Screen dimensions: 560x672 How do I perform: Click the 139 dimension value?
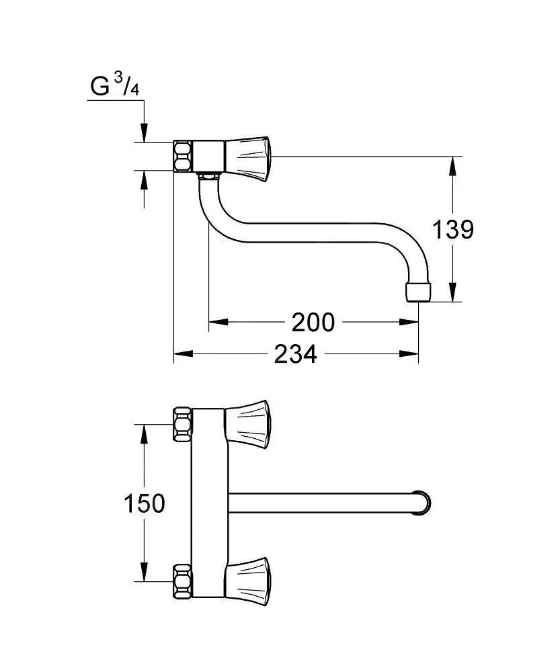pyautogui.click(x=453, y=229)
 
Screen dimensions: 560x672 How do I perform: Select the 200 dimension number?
pyautogui.click(x=313, y=323)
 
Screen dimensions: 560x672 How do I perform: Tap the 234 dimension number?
pyautogui.click(x=295, y=354)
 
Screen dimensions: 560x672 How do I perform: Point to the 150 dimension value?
pyautogui.click(x=144, y=503)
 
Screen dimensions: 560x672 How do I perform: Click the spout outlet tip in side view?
pyautogui.click(x=418, y=292)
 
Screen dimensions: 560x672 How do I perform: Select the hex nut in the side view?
pyautogui.click(x=183, y=157)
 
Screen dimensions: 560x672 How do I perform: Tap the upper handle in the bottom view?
pyautogui.click(x=248, y=424)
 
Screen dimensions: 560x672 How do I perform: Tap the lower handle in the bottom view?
pyautogui.click(x=248, y=581)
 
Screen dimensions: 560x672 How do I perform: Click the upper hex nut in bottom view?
pyautogui.click(x=182, y=424)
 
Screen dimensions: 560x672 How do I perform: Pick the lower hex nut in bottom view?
pyautogui.click(x=182, y=581)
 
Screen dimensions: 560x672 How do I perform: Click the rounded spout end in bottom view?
pyautogui.click(x=421, y=503)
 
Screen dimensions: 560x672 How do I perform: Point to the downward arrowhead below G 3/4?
pyautogui.click(x=145, y=133)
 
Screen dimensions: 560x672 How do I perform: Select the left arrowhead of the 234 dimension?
pyautogui.click(x=183, y=353)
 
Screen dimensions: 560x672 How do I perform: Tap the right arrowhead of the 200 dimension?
pyautogui.click(x=409, y=322)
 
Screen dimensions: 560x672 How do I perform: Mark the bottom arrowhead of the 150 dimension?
pyautogui.click(x=145, y=572)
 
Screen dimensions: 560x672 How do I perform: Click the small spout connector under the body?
pyautogui.click(x=209, y=176)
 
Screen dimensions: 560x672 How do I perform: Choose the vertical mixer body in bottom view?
pyautogui.click(x=209, y=503)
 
